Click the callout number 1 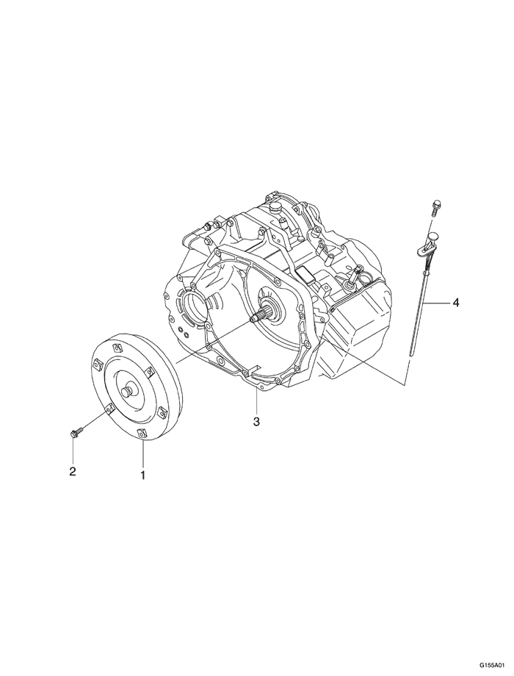142,475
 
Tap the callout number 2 73,471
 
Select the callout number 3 256,421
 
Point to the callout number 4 455,303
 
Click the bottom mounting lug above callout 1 141,434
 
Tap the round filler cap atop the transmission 274,207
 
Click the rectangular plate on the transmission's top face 306,275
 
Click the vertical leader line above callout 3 256,400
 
